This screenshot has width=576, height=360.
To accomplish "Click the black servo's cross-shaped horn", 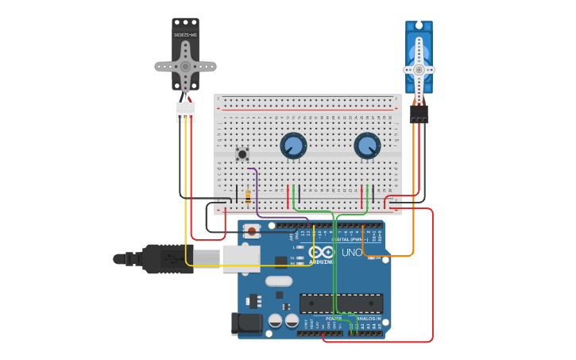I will click(185, 67).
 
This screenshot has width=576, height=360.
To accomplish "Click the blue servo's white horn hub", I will click(419, 69).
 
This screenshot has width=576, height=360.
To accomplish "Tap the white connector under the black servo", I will click(185, 111).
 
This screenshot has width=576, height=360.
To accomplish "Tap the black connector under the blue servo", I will click(419, 114).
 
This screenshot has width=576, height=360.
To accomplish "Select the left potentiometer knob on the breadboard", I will click(293, 145).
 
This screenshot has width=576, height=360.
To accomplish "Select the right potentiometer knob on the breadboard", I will click(367, 145).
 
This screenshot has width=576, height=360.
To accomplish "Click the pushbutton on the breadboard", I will click(242, 153).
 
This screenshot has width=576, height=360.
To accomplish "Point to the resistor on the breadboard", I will click(248, 196).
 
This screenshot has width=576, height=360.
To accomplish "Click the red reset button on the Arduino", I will click(252, 231).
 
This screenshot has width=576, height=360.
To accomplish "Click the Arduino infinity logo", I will click(327, 252).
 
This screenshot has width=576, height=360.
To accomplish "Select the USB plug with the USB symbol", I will click(168, 258).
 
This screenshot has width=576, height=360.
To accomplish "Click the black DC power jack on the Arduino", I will click(245, 323).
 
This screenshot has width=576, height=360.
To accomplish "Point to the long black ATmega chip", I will click(341, 303).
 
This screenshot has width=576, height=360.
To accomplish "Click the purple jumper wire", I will click(256, 191).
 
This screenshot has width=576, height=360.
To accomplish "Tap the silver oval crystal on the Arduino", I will click(279, 281).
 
